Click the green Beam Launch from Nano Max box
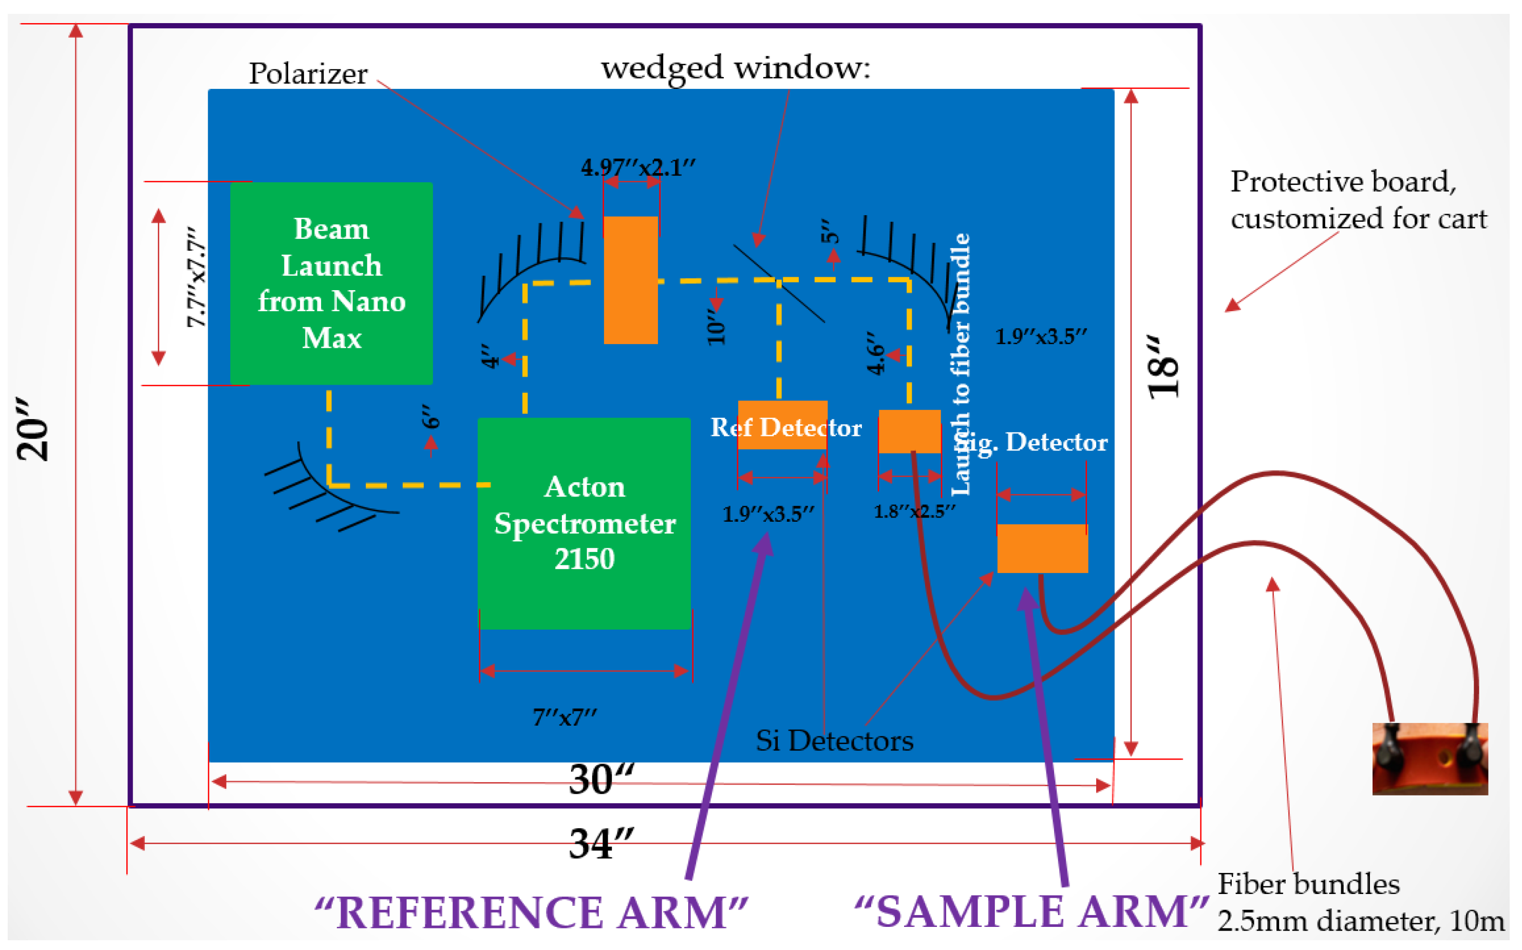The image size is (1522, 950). click(331, 283)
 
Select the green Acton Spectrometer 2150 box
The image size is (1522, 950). click(584, 523)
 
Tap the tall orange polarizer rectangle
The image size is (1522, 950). click(630, 280)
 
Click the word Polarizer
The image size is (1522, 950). click(308, 73)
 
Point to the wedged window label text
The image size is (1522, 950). click(735, 68)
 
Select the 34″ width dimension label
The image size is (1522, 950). click(600, 843)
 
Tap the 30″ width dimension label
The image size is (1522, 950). click(600, 779)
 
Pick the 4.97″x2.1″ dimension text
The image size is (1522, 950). click(638, 167)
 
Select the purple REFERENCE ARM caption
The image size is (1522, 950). click(531, 913)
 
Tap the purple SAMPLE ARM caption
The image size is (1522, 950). click(1030, 911)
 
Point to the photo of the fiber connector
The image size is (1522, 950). click(1429, 758)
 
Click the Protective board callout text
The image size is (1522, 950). click(1357, 200)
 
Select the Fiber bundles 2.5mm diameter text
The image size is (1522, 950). click(1361, 902)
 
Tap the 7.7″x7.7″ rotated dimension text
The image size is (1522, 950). click(196, 278)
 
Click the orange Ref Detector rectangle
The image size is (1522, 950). click(782, 425)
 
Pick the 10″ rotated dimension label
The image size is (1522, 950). click(717, 326)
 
